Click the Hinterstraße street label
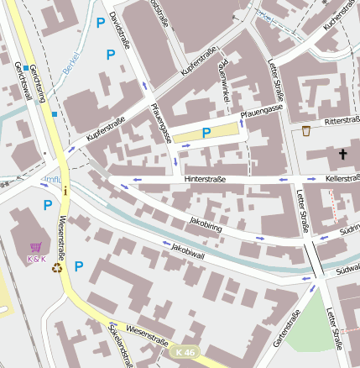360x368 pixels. coord(206,178)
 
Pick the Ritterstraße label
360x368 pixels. coord(342,121)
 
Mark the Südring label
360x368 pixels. coord(348,229)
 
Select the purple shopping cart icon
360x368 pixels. coord(36,247)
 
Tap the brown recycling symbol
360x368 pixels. coord(57,269)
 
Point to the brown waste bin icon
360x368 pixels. coord(306,130)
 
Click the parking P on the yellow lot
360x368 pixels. coord(206,132)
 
